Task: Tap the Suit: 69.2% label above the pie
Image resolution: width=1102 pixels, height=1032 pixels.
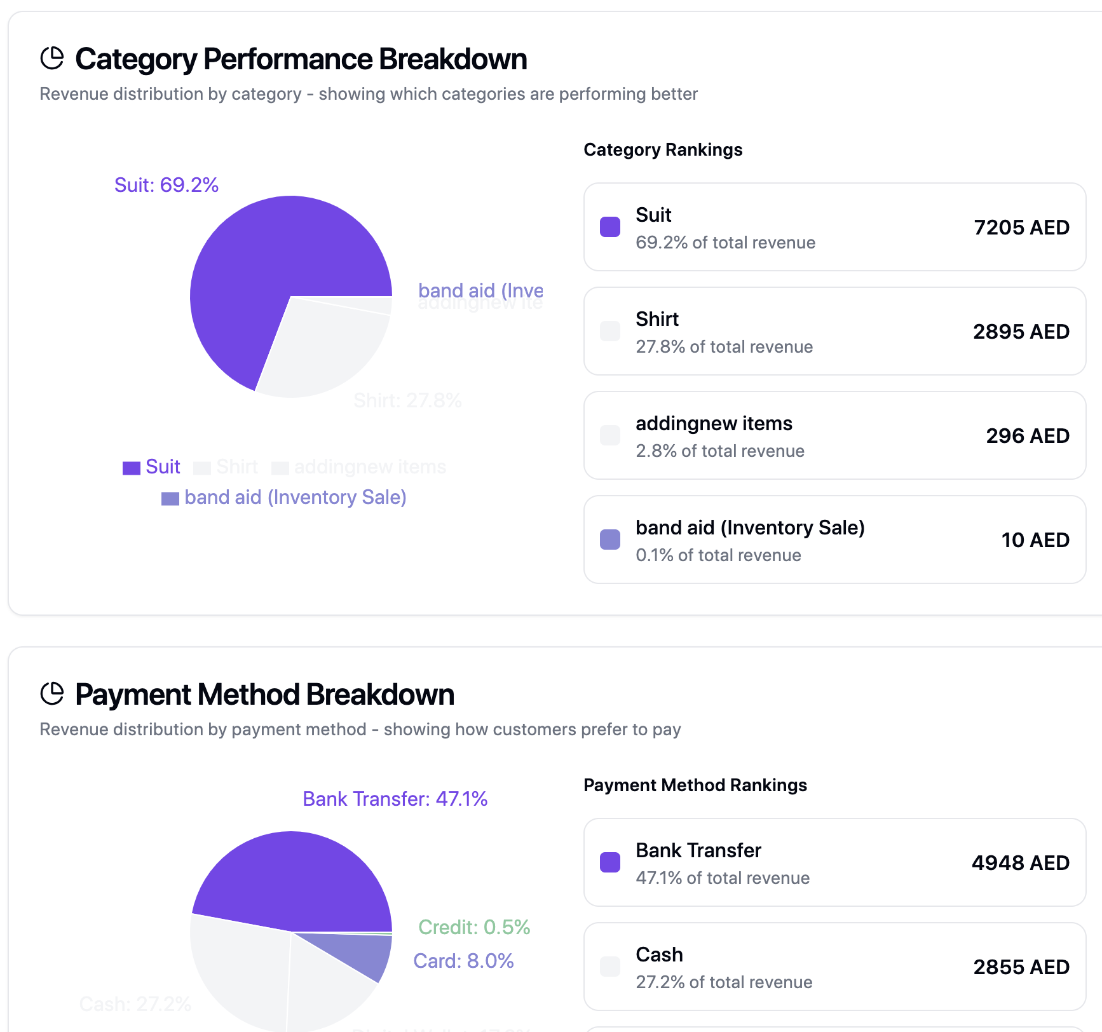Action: pos(167,185)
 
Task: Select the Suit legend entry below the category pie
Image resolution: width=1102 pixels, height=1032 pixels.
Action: pos(152,467)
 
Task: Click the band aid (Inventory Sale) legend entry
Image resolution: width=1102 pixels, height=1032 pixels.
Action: pos(284,498)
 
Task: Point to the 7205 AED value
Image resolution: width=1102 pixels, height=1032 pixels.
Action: pos(1021,227)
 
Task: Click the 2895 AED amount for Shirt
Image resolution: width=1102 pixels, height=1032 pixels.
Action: pos(1021,332)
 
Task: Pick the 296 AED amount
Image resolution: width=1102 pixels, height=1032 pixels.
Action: pos(1027,436)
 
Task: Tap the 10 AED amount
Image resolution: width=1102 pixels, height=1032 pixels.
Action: pos(1035,540)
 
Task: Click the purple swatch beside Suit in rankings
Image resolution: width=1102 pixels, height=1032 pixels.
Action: pos(610,227)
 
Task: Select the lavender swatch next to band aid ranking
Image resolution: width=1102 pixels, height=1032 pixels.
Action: pos(610,540)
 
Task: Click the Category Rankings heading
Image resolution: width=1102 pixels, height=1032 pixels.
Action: pos(663,150)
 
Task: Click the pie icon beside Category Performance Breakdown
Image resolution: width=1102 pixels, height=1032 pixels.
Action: pos(52,58)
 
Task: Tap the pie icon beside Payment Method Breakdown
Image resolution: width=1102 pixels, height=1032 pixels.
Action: pos(52,694)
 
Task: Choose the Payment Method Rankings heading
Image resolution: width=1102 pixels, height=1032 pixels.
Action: pos(695,785)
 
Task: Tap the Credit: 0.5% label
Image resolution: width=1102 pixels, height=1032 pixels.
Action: pos(474,927)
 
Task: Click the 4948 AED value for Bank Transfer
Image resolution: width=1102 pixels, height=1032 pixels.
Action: pos(1020,863)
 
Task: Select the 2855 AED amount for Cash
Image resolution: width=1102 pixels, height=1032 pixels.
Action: pos(1021,967)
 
